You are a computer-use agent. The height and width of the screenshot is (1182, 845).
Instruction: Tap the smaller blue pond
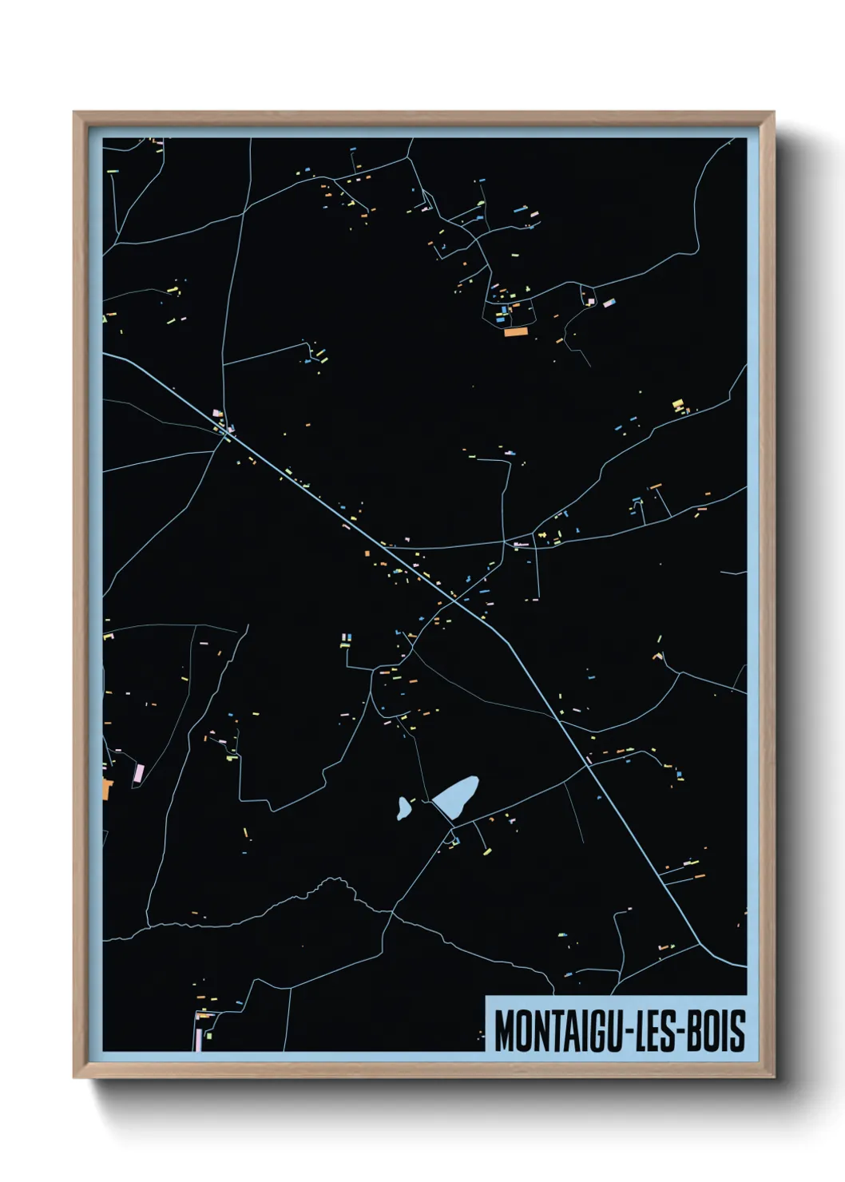point(404,808)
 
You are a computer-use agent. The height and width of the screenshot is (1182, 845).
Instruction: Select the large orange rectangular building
point(515,331)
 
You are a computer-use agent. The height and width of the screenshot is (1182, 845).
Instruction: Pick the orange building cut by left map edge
point(107,789)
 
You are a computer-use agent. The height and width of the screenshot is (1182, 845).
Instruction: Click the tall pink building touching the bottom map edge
point(199,1039)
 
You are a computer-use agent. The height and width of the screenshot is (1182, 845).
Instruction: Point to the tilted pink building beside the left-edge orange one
point(138,773)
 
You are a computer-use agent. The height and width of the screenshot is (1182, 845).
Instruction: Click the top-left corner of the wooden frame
point(75,113)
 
